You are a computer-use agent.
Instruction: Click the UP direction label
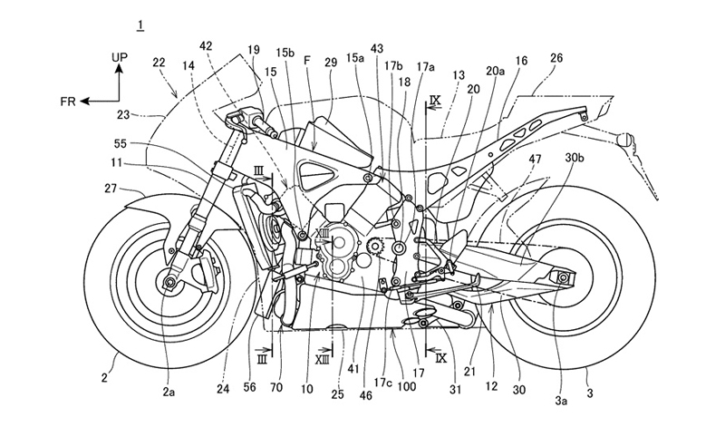click(x=120, y=56)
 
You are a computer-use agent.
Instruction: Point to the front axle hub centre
click(x=169, y=283)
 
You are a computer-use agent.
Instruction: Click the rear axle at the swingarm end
click(x=565, y=277)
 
